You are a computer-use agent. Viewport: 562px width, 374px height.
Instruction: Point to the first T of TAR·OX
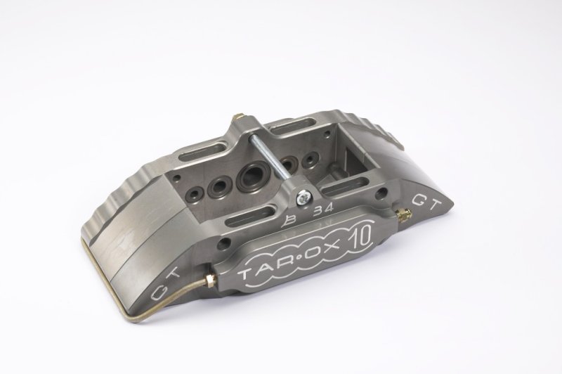[x=248, y=274]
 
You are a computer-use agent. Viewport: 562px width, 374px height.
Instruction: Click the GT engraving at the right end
[x=426, y=205]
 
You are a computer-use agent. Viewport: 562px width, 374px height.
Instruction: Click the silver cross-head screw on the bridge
[x=303, y=197]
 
